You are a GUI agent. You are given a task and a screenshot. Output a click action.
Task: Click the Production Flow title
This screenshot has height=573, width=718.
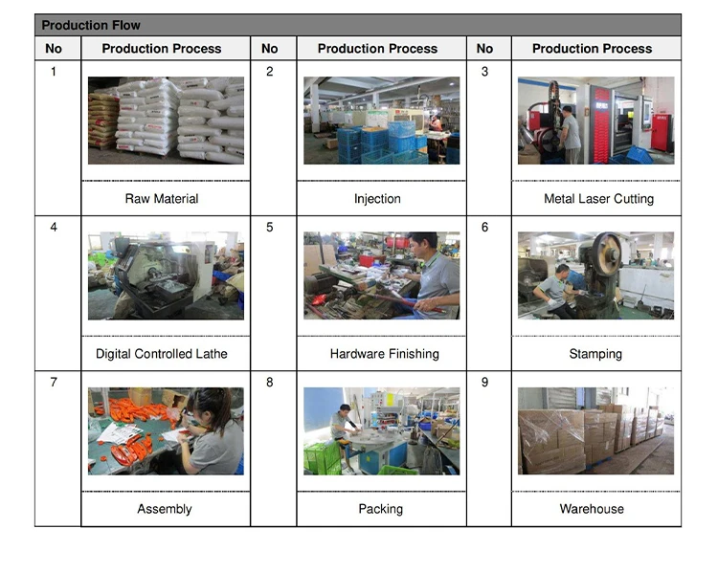(90, 26)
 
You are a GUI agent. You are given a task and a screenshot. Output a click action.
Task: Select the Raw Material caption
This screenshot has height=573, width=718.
(162, 199)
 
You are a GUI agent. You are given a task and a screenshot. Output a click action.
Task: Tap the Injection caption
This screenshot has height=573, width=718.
(377, 199)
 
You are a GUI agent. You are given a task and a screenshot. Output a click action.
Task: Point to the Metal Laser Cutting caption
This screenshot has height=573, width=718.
(598, 199)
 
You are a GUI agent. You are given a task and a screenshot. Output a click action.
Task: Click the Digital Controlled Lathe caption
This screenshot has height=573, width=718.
(162, 354)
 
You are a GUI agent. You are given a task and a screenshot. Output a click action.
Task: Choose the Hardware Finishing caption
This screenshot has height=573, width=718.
(384, 354)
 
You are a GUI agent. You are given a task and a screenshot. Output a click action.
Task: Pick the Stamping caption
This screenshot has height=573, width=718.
(595, 354)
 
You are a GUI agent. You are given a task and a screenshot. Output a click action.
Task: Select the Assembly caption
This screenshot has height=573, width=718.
(165, 509)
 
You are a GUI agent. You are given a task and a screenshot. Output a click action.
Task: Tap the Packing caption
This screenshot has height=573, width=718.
(380, 509)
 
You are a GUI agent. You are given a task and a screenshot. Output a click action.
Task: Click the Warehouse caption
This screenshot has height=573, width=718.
(592, 509)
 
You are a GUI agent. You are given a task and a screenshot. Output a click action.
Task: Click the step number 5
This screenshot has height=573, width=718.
(270, 228)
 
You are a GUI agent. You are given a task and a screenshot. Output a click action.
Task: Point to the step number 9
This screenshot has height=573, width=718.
(484, 383)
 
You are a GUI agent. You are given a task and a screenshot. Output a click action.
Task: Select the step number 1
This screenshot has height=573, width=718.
(54, 72)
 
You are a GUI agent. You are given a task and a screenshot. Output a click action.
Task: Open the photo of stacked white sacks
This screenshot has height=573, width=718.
(166, 121)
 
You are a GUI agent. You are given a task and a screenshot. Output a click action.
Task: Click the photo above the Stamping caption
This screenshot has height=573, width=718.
(595, 275)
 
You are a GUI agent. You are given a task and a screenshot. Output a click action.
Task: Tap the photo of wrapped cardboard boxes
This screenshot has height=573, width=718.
(595, 430)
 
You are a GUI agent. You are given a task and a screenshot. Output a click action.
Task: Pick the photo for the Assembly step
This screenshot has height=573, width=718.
(166, 430)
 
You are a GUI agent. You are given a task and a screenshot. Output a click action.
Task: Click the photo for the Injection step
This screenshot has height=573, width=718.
(381, 121)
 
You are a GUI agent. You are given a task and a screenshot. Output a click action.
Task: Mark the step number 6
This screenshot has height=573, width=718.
(484, 228)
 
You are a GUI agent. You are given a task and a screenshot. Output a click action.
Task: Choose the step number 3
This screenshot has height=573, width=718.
(484, 72)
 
